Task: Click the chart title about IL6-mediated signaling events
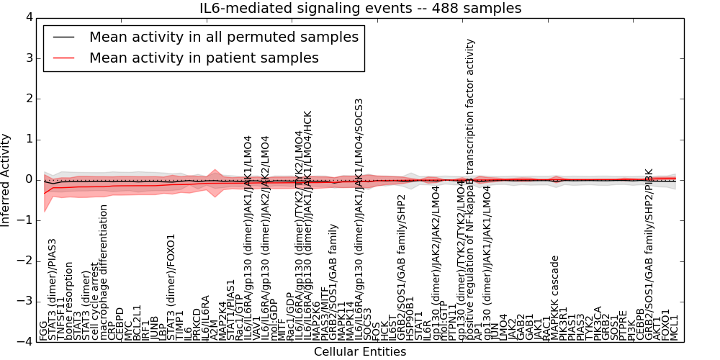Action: pyautogui.click(x=360, y=9)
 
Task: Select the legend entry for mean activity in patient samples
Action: pyautogui.click(x=204, y=58)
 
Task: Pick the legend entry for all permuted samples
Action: pyautogui.click(x=223, y=37)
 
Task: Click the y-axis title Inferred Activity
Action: pyautogui.click(x=6, y=180)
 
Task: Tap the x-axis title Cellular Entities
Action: pyautogui.click(x=360, y=352)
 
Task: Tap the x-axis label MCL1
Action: pyautogui.click(x=675, y=328)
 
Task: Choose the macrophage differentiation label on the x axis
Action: pyautogui.click(x=104, y=272)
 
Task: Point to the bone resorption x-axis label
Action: pyautogui.click(x=70, y=302)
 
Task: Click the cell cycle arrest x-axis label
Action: pyautogui.click(x=96, y=301)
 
